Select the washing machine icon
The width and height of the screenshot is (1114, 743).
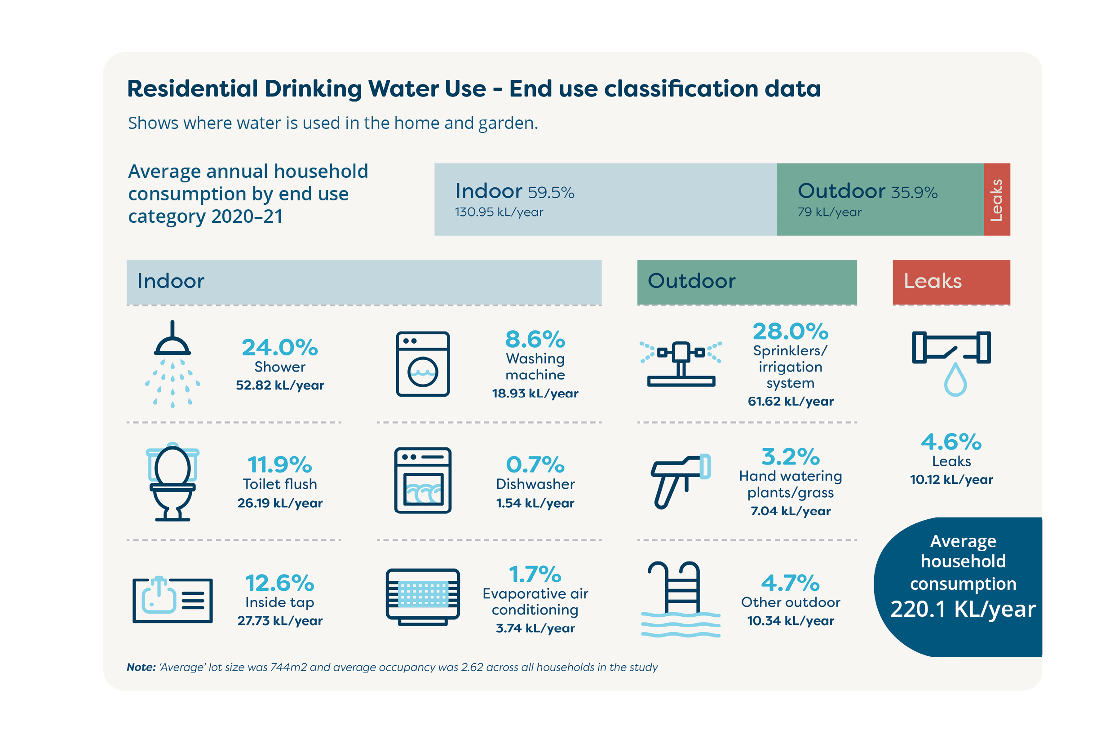423,364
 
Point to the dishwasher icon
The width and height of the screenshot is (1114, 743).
423,480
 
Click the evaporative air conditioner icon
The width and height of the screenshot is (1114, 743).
423,597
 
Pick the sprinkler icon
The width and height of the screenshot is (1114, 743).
681,363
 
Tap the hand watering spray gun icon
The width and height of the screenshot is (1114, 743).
681,481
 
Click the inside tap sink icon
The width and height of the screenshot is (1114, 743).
172,600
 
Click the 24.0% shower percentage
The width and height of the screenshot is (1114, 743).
279,347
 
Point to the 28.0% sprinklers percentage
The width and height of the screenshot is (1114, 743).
791,331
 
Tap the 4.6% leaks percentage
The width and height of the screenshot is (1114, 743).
951,442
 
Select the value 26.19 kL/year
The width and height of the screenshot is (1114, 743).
279,503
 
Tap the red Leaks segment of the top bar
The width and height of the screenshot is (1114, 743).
996,199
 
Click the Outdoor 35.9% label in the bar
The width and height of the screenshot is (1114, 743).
867,191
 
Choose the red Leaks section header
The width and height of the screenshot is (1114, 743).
951,282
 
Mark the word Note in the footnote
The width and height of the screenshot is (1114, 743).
141,667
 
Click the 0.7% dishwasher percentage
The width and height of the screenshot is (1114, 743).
535,464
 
